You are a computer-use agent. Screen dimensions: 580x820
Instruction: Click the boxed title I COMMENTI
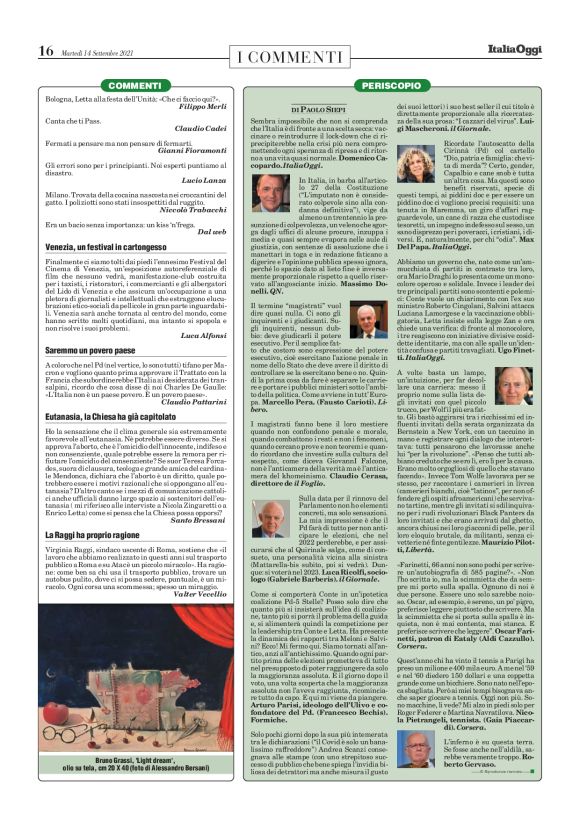(290, 51)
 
